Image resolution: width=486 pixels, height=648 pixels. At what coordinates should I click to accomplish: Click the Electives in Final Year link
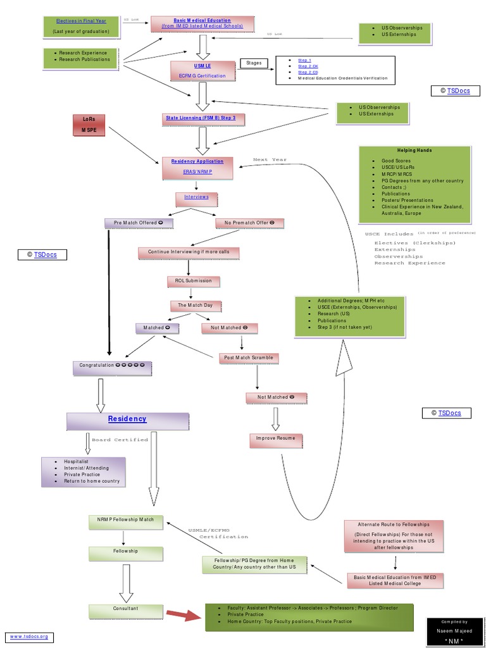[x=80, y=21]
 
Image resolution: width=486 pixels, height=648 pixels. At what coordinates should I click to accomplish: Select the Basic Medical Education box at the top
[x=202, y=24]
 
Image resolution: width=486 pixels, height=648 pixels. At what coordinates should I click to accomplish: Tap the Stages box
[x=254, y=63]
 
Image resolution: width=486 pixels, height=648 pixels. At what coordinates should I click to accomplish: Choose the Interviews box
[x=196, y=197]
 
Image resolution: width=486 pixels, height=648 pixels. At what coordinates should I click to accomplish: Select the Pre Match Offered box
[x=139, y=223]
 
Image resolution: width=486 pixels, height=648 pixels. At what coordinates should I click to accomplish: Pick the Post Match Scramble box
[x=249, y=358]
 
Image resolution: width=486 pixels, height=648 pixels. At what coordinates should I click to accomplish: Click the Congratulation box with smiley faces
[x=111, y=366]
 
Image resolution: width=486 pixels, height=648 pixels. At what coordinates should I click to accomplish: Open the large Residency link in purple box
[x=127, y=419]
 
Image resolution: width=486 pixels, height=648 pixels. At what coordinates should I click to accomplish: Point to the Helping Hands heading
[x=414, y=151]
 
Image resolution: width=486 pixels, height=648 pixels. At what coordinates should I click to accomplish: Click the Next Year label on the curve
[x=270, y=160]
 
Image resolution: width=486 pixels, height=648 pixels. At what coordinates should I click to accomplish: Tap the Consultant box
[x=125, y=609]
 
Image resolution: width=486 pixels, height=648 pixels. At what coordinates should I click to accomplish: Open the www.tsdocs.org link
[x=28, y=636]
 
